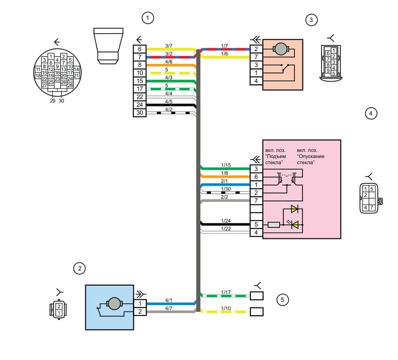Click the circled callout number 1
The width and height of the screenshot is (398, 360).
(x=148, y=18)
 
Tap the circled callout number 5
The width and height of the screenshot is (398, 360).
(x=282, y=300)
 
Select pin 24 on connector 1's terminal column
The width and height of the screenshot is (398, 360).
(x=139, y=105)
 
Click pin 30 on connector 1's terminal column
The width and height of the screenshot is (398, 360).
(x=139, y=113)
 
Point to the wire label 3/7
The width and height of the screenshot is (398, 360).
(x=168, y=46)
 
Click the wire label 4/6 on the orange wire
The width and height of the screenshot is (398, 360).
(x=168, y=62)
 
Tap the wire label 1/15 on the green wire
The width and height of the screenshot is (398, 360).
(x=226, y=165)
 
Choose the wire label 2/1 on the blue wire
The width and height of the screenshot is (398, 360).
(x=224, y=181)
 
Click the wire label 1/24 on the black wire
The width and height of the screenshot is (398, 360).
(x=226, y=220)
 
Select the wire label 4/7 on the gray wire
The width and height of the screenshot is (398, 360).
(x=168, y=308)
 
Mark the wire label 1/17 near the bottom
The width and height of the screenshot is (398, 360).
(x=226, y=292)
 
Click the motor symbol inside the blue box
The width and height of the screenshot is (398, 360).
(x=114, y=303)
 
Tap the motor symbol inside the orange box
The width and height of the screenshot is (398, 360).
(x=281, y=49)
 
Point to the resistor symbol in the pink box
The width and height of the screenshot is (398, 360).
(x=274, y=225)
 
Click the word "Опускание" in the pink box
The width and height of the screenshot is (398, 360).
(x=311, y=156)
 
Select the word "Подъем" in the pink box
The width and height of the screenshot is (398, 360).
(x=276, y=156)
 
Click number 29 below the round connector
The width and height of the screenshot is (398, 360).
(x=53, y=101)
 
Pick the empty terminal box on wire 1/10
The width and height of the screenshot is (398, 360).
(x=256, y=312)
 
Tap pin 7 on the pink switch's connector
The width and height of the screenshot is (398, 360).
(x=256, y=201)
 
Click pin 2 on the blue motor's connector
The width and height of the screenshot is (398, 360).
(x=140, y=312)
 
